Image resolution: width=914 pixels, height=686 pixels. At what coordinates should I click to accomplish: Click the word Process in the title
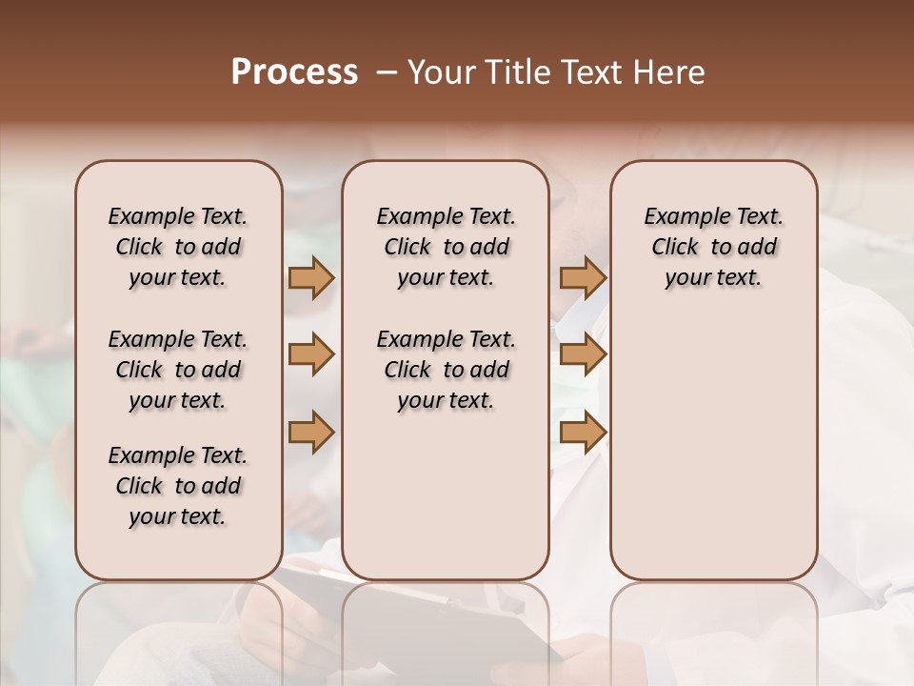coord(294,72)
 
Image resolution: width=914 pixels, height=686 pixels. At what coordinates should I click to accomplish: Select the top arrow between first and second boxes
coord(311,277)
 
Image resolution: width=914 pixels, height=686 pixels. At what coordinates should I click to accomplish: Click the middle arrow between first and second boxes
coord(311,354)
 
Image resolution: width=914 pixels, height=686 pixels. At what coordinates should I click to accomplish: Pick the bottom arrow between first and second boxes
coord(311,433)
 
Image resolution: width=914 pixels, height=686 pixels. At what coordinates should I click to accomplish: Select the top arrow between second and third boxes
coord(583,277)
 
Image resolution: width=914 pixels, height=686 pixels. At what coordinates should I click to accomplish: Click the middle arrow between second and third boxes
coord(583,354)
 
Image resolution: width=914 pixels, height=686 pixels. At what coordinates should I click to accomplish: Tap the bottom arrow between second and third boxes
coord(583,433)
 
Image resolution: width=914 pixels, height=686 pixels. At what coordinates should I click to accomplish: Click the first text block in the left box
coord(178,247)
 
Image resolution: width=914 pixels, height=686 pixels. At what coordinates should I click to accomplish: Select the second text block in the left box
coord(178,370)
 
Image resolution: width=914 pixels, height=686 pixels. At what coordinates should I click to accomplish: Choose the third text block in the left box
coord(178,486)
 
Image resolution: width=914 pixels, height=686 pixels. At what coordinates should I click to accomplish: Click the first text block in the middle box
coord(446,247)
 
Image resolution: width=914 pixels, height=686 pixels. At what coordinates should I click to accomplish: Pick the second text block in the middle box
coord(446,370)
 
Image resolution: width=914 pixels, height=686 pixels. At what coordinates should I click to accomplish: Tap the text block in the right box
coord(713,247)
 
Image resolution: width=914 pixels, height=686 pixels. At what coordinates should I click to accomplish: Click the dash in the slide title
coord(387,72)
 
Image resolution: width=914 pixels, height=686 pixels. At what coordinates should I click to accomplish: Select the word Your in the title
coord(442,72)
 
